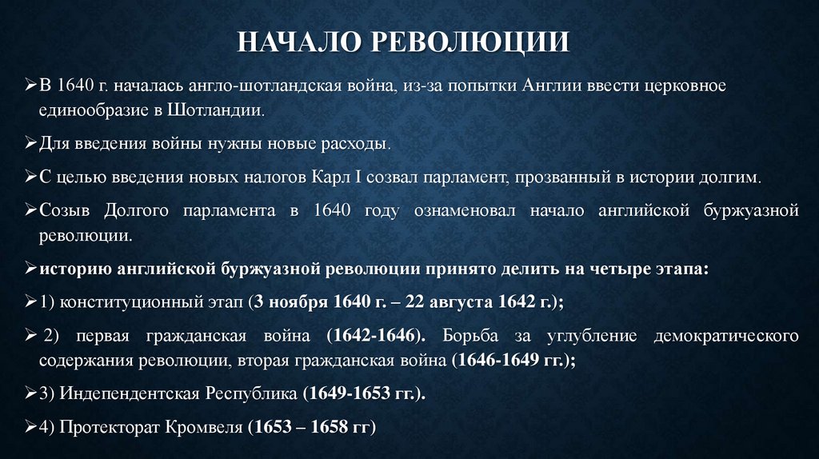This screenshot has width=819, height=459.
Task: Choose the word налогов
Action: [x=242, y=177]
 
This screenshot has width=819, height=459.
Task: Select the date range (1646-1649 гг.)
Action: [x=514, y=361]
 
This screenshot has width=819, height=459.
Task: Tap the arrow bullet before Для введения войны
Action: [x=30, y=144]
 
